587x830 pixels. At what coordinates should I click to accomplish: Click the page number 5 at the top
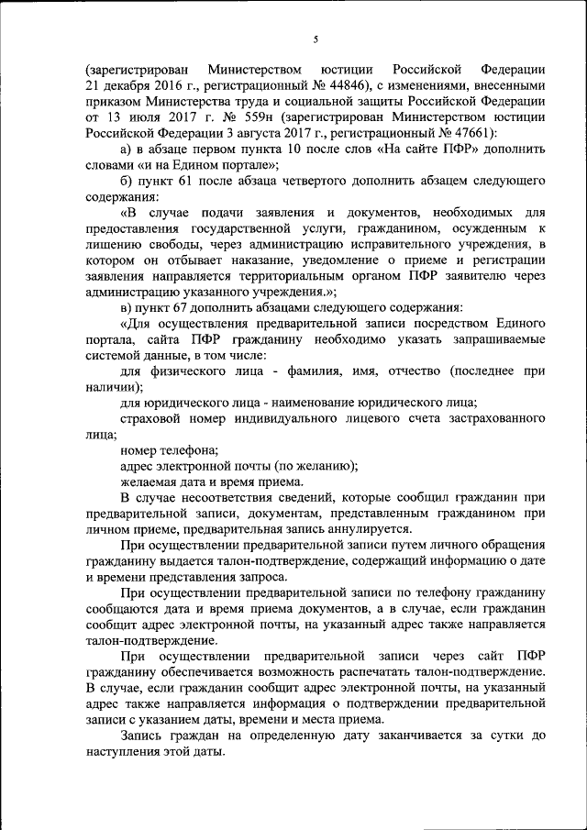point(315,39)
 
